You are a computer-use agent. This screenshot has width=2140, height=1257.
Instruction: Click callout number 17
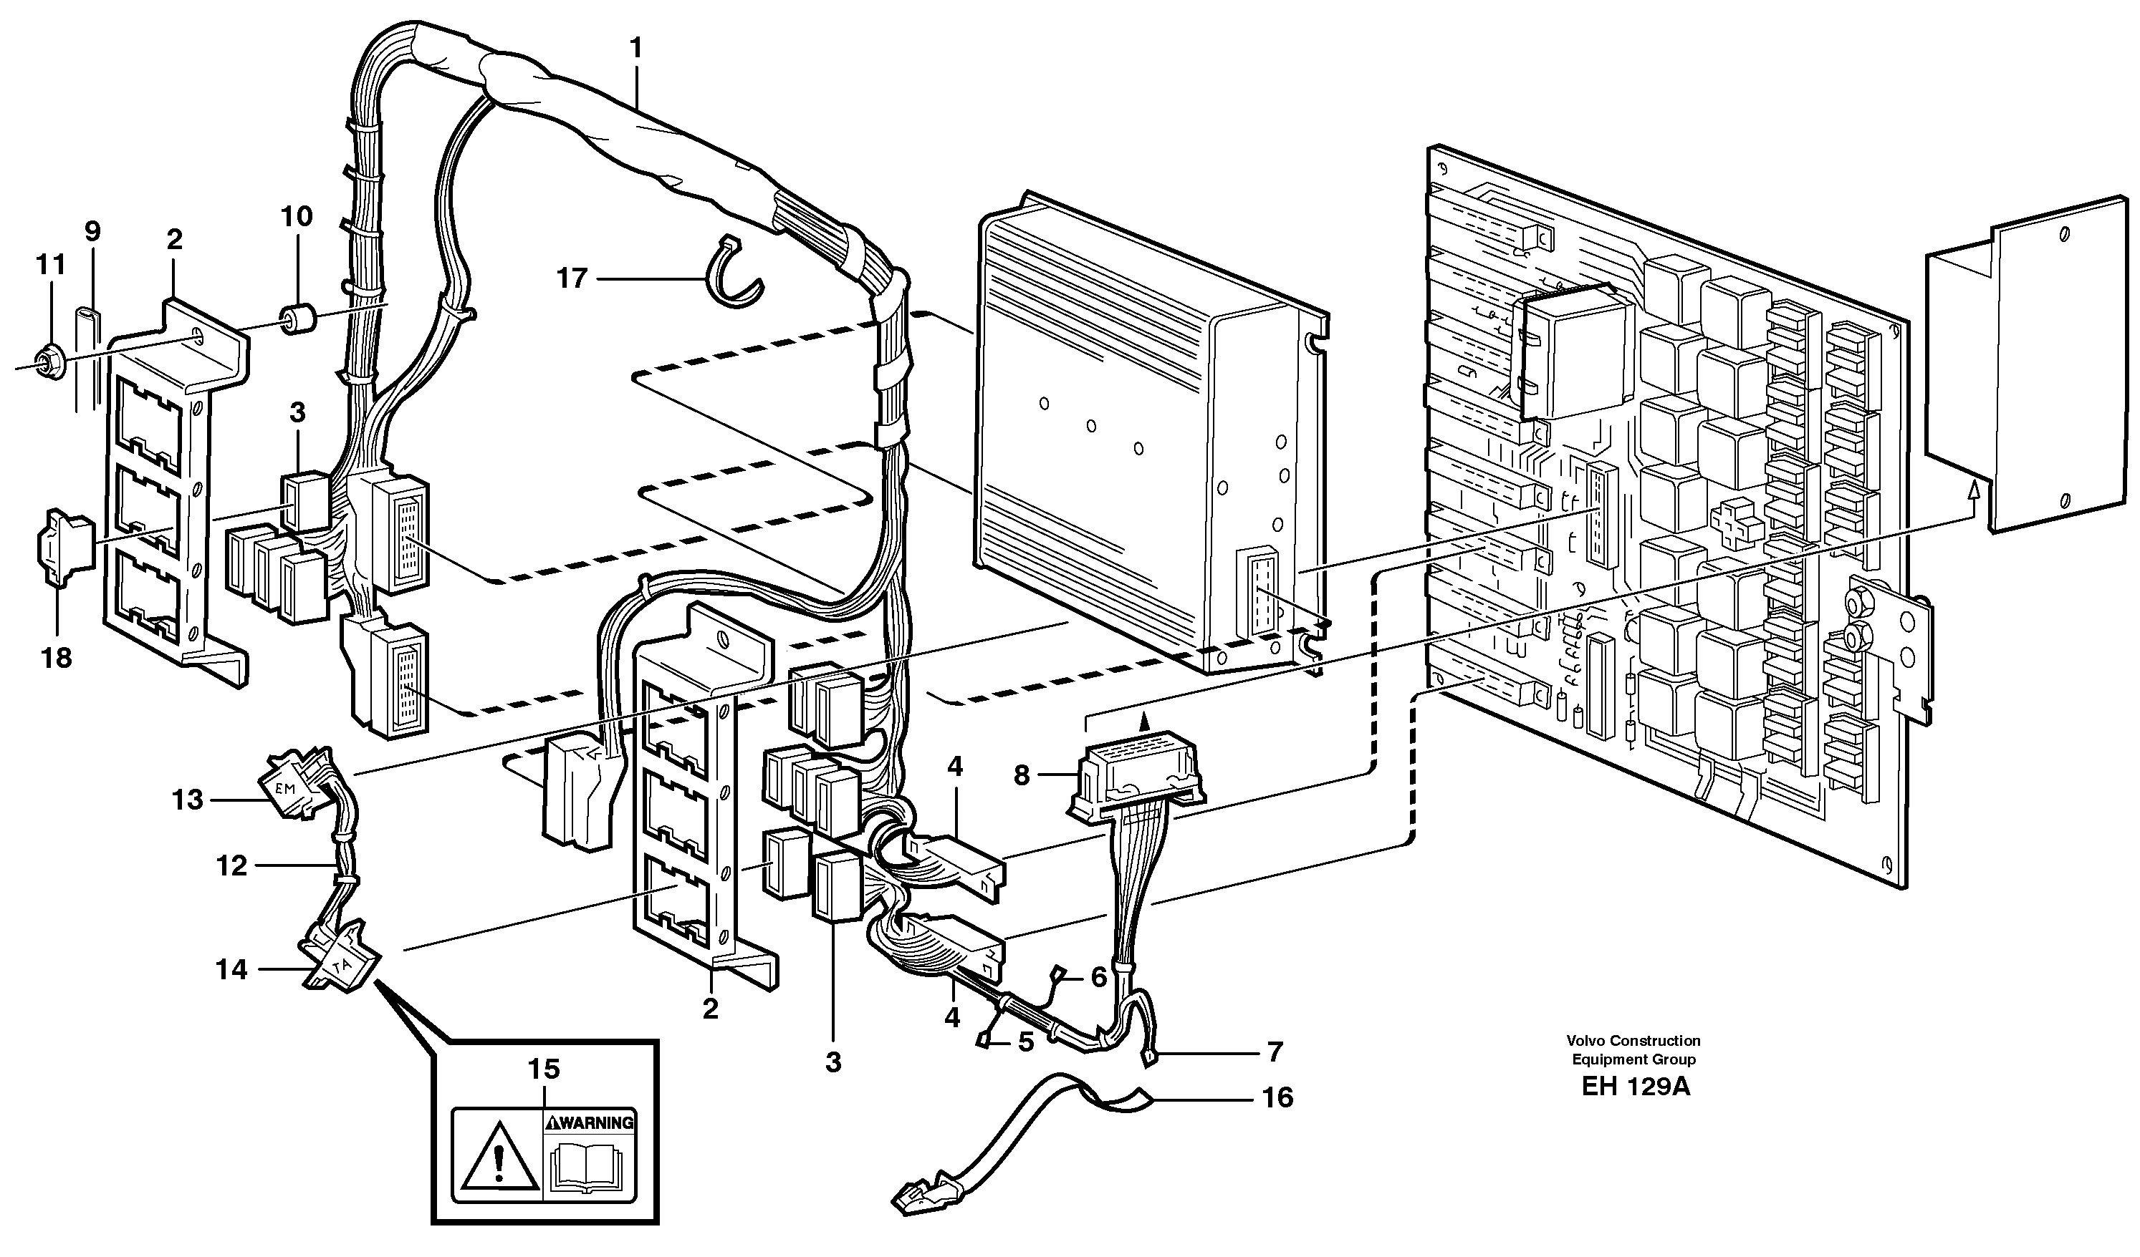tap(572, 278)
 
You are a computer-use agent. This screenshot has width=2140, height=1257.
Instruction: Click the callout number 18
tap(57, 657)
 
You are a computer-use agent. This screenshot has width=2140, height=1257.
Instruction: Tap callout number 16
tap(1277, 1097)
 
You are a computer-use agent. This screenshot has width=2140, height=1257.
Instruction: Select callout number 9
tap(92, 230)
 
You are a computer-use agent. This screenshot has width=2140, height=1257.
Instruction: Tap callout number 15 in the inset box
tap(544, 1069)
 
